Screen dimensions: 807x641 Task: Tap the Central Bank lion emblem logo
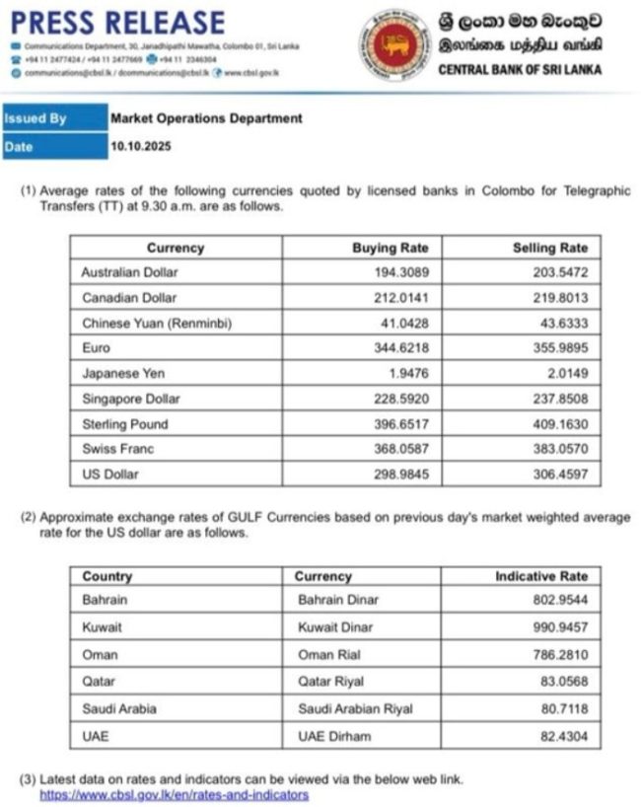pos(394,45)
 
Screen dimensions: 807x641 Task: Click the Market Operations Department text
pos(206,118)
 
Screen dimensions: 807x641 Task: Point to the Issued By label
pos(36,118)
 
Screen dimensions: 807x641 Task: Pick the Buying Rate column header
pos(391,249)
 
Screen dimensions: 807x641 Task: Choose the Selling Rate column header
pos(549,249)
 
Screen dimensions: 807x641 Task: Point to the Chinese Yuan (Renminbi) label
pos(158,323)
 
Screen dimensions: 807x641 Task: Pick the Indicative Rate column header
pos(541,576)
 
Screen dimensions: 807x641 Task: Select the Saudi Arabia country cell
pos(119,708)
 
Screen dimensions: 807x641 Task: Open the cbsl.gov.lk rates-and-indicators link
pos(174,794)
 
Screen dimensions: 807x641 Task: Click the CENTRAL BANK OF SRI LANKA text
pos(519,70)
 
